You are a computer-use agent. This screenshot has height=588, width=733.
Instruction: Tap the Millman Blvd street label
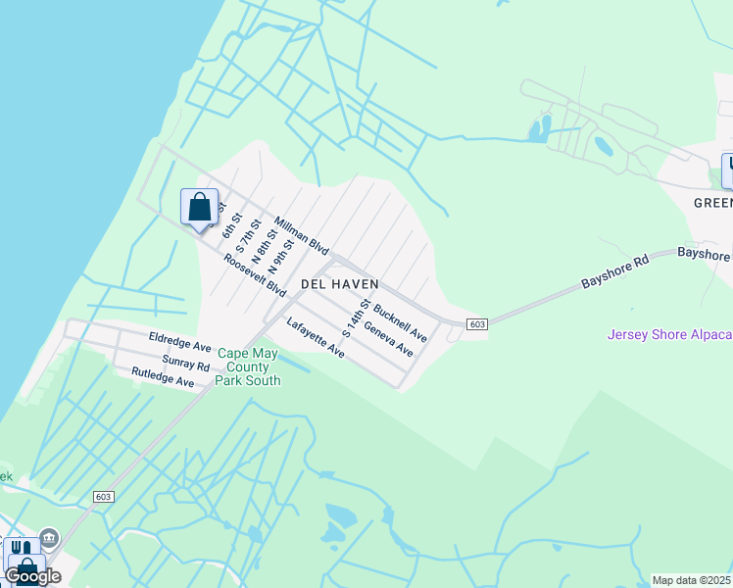pos(301,236)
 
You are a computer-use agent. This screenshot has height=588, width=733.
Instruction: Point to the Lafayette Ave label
pos(316,337)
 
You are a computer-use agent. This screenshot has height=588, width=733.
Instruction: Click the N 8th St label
pos(262,245)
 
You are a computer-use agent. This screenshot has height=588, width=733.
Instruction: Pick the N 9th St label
pos(280,257)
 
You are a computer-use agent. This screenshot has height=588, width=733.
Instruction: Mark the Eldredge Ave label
pos(180,347)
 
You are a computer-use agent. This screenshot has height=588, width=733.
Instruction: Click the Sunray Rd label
pos(186,365)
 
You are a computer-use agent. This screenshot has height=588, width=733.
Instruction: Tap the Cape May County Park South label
pos(249,367)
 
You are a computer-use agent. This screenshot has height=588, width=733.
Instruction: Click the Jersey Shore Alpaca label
pos(669,334)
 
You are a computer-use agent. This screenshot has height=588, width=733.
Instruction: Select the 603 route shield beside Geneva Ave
pos(477,324)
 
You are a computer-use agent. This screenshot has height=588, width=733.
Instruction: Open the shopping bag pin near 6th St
pos(199,208)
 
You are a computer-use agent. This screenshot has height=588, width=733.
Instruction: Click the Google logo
pos(32,576)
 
